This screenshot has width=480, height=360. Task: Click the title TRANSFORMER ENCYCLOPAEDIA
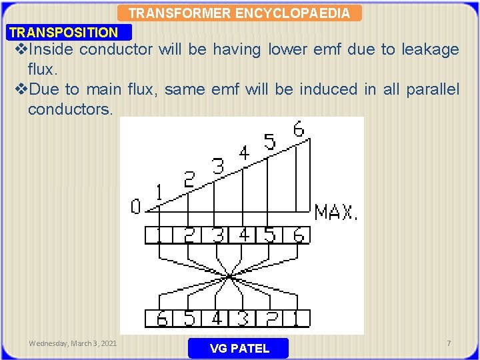tap(239, 13)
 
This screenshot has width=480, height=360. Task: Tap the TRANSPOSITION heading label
tap(64, 32)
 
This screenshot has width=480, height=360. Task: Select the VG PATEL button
tap(239, 348)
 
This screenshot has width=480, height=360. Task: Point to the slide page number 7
tap(449, 343)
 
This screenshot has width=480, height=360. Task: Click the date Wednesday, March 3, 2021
tap(73, 343)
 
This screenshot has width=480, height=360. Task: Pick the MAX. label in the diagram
tap(336, 213)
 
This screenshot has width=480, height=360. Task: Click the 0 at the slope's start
tap(135, 207)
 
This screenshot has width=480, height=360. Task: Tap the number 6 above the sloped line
tap(298, 129)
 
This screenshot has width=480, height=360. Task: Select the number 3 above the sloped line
tap(217, 167)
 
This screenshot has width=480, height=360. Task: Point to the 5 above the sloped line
tap(269, 141)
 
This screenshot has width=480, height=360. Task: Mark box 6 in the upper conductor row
tap(298, 235)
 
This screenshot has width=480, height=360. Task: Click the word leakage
tap(430, 49)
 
